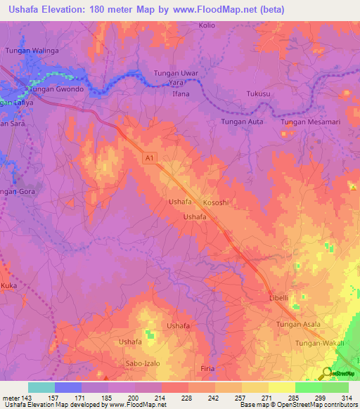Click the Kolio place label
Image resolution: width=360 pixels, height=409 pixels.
click(207, 25)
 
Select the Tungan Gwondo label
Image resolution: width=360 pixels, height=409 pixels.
click(56, 90)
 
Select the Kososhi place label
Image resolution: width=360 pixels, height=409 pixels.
click(217, 202)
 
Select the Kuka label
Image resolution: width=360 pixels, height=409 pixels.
click(9, 287)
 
